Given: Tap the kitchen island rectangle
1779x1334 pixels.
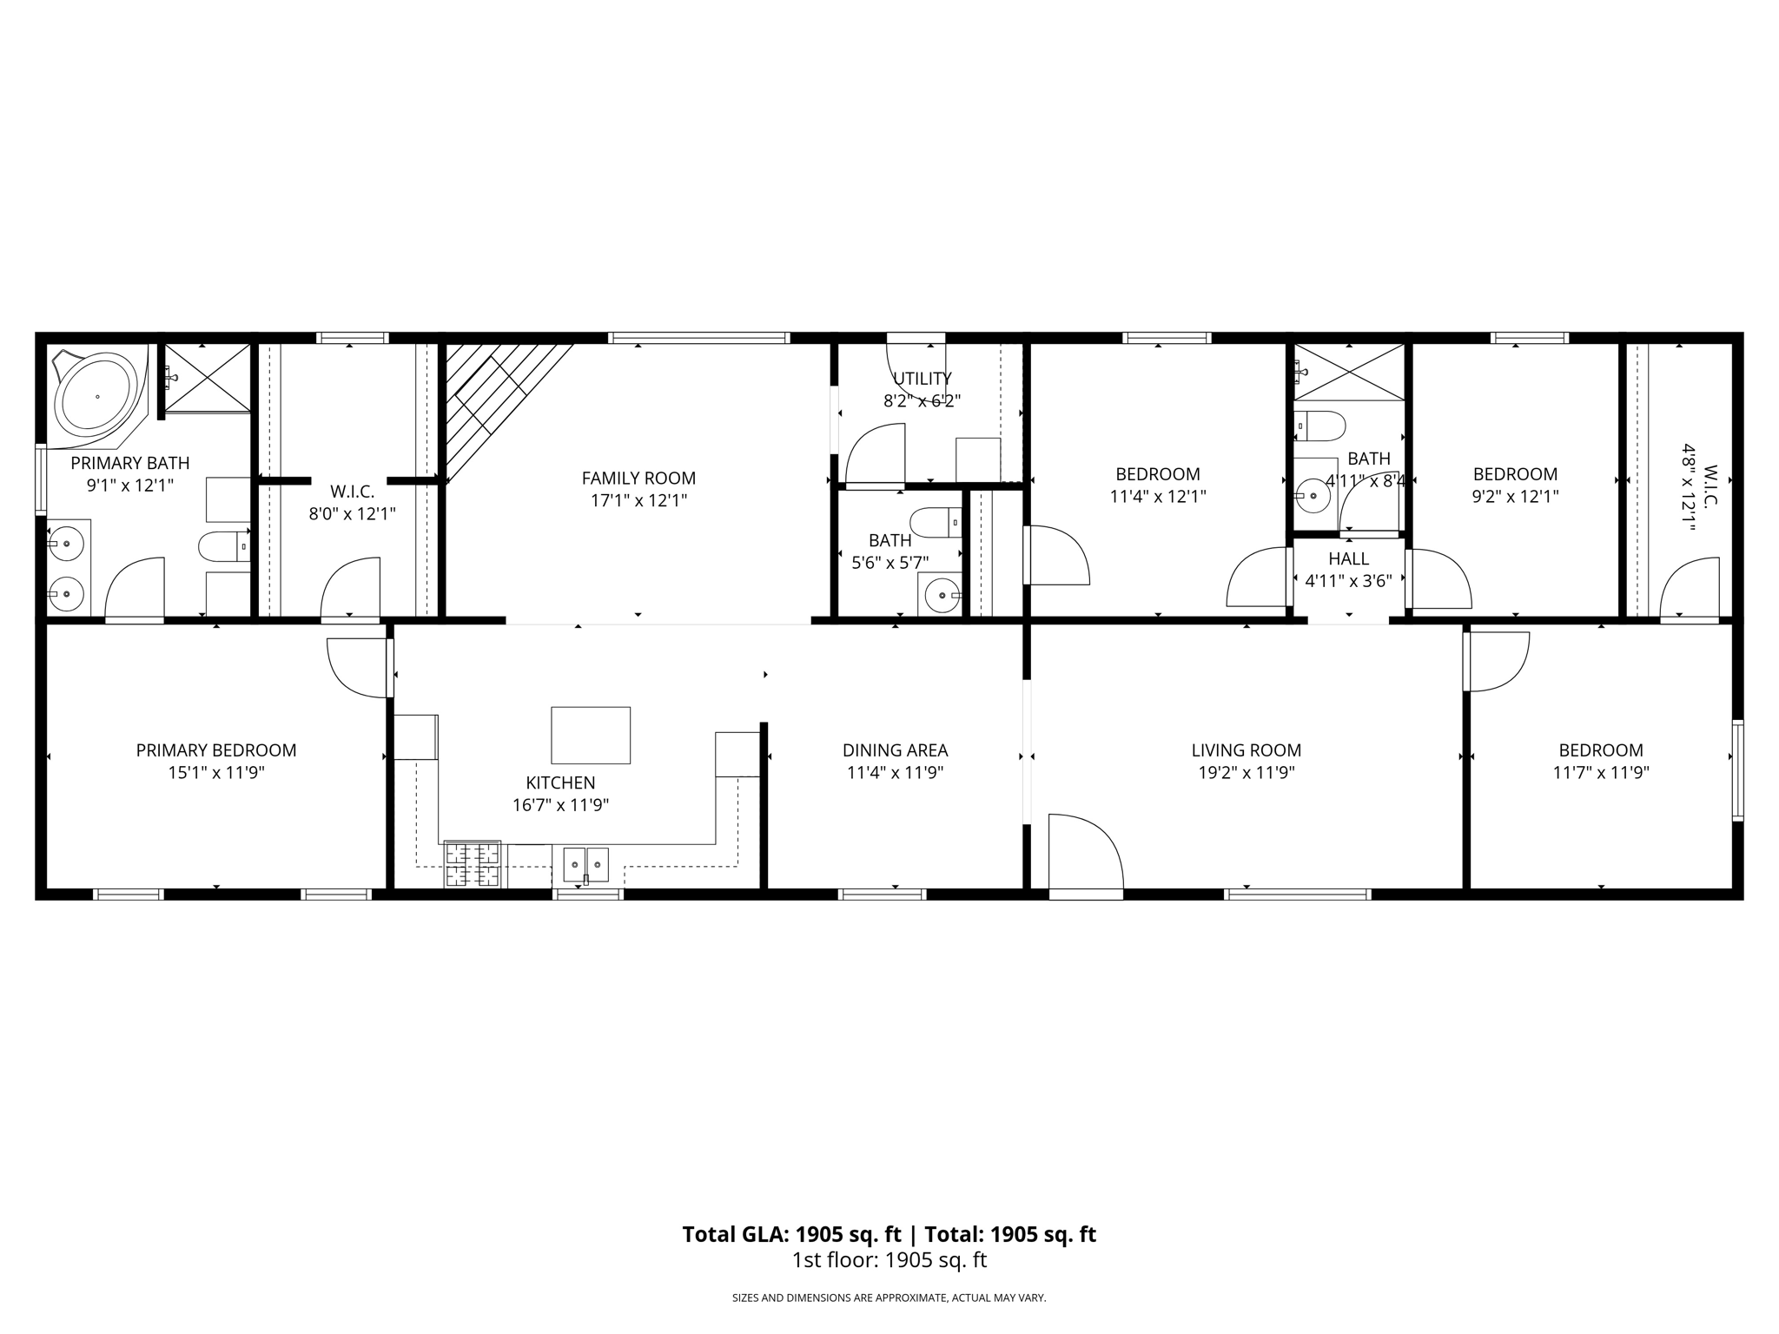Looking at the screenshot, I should tap(591, 735).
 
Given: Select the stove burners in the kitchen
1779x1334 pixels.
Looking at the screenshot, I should tap(473, 864).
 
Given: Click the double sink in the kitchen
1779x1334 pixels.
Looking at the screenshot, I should tap(585, 865).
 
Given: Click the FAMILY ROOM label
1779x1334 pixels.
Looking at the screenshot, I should tap(638, 478).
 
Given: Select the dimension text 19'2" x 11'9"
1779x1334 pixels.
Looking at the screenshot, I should tap(1246, 773).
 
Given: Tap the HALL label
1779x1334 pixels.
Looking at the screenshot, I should tap(1348, 559).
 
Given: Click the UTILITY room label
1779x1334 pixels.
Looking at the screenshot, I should tap(922, 379).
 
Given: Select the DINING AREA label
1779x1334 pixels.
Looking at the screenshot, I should tap(895, 750).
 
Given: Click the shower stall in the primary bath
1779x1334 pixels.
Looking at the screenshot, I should tap(207, 378).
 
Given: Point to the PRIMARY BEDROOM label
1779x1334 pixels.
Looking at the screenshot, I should tap(216, 750).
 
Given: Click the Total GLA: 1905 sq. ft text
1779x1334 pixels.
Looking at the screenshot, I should tap(791, 1234).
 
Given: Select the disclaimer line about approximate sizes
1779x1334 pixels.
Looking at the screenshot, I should tap(889, 1298).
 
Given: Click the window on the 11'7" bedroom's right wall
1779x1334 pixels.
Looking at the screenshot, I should tap(1737, 769).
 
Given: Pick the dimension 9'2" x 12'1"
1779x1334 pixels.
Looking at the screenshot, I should tap(1514, 497).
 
